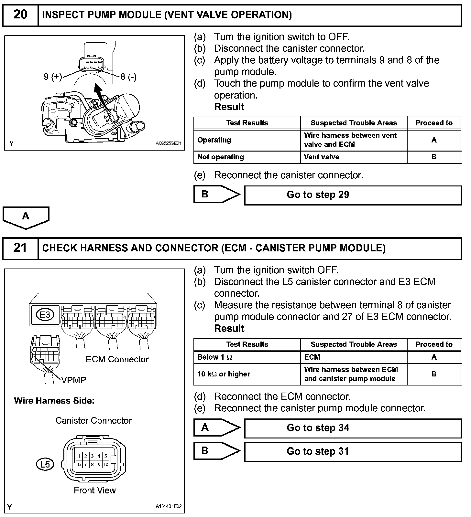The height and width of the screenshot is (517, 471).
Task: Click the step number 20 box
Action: [20, 15]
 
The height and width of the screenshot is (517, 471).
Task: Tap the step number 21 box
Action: [20, 248]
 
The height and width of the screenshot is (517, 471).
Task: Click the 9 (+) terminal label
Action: [53, 77]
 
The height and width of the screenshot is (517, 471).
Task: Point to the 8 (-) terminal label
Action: [128, 77]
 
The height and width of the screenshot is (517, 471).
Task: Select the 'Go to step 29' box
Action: [353, 195]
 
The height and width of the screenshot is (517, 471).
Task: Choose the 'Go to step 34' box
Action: [353, 428]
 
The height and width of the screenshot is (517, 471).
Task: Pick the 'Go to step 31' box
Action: [353, 451]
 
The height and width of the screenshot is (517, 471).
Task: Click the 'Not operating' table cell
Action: [247, 157]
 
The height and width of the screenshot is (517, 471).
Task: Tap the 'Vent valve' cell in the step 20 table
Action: [354, 157]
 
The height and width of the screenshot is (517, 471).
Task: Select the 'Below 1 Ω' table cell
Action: [247, 357]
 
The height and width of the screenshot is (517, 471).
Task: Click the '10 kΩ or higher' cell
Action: [247, 374]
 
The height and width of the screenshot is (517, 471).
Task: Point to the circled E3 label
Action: [45, 314]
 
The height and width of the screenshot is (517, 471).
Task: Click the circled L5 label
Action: [45, 464]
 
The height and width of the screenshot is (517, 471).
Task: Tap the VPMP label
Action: [74, 380]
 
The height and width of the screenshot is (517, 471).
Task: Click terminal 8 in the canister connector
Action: [92, 465]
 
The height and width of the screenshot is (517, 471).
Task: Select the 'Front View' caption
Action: [94, 491]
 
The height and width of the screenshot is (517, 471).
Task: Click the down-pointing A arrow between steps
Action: [26, 217]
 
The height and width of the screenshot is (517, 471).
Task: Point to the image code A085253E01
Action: [169, 143]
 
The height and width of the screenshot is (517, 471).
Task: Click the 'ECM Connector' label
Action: [117, 359]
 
